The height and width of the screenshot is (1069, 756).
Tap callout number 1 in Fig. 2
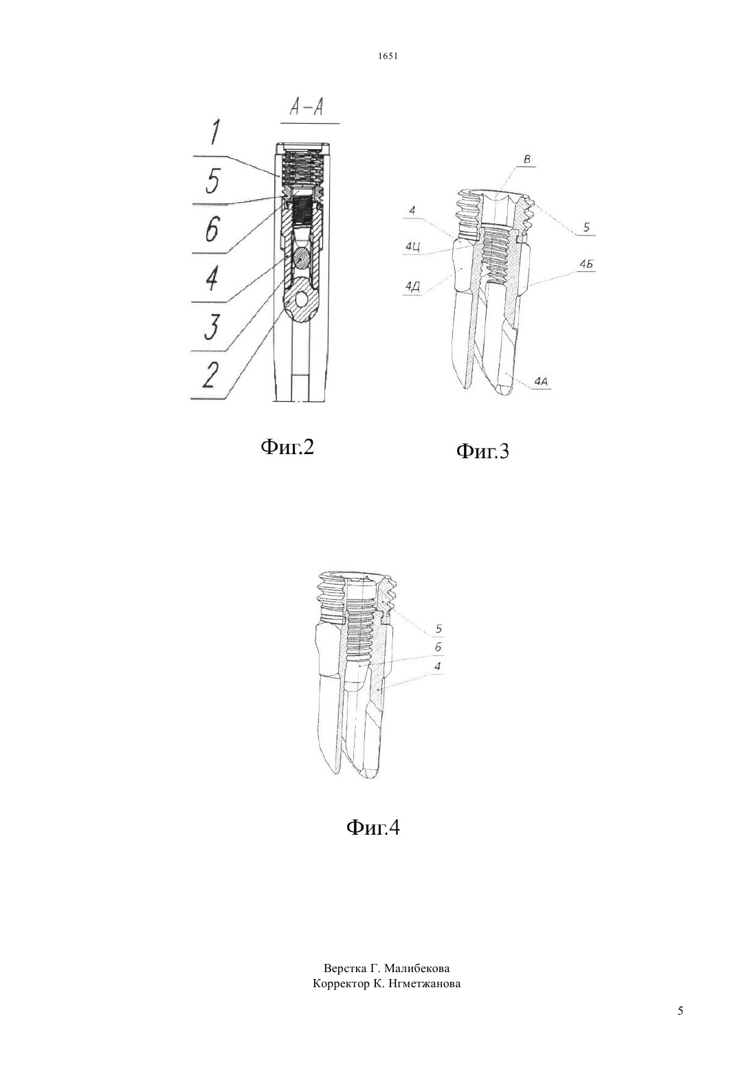tap(215, 132)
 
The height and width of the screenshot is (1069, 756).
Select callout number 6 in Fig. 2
tap(212, 229)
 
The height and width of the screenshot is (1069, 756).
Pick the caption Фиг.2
tap(287, 447)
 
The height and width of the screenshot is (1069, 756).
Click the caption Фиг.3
tap(482, 451)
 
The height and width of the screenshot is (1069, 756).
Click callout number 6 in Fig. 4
tap(438, 648)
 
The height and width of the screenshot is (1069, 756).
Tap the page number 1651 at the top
tap(388, 56)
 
